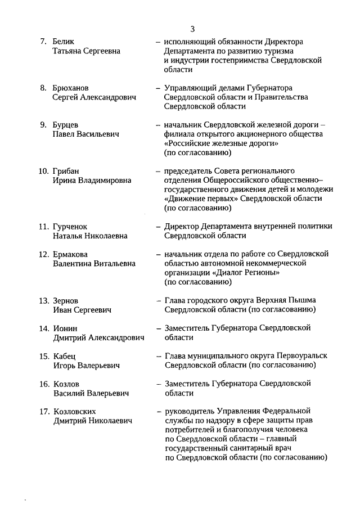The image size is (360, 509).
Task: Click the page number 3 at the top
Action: point(192,29)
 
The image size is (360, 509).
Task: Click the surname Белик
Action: point(64,42)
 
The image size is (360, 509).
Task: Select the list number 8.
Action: point(43,88)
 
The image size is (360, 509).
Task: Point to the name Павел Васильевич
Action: point(86,134)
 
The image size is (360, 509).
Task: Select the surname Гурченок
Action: point(71,226)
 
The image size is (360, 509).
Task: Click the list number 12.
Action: point(44,254)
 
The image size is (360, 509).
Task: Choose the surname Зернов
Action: point(66,300)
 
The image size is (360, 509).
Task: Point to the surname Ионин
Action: point(65,328)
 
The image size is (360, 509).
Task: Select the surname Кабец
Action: point(64,356)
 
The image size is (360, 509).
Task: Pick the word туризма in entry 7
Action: point(286,51)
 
